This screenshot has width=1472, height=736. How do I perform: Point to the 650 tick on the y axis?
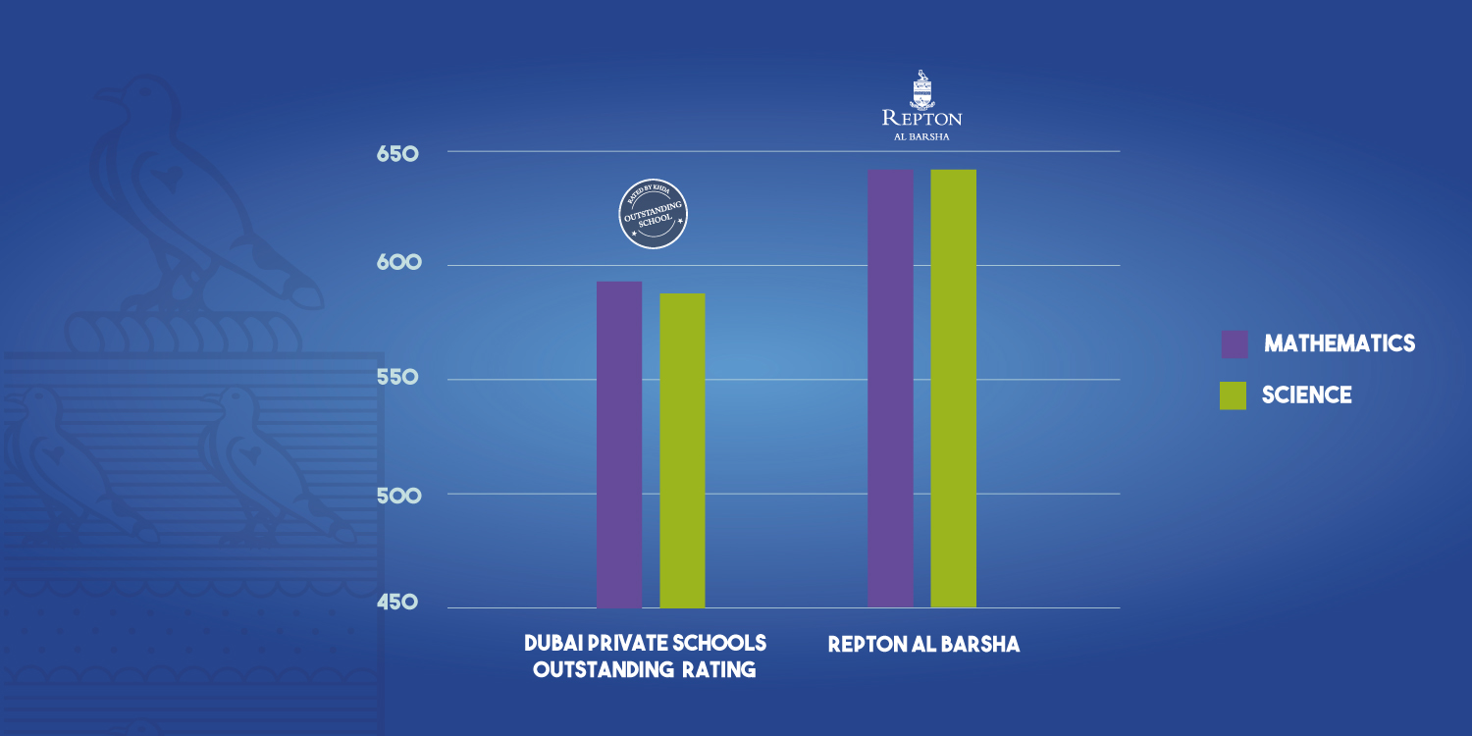pos(397,154)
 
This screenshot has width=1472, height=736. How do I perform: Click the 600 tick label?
pos(397,263)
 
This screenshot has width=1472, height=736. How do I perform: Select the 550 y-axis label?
pos(397,378)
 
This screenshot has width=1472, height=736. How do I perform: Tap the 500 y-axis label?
pos(397,495)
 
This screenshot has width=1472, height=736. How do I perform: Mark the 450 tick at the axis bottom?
pos(397,602)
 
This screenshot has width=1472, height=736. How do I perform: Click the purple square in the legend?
pos(1235,344)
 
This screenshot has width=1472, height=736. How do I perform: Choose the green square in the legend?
pos(1233,395)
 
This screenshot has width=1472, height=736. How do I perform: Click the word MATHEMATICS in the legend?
pos(1340,343)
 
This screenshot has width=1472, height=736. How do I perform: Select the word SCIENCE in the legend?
pos(1306,395)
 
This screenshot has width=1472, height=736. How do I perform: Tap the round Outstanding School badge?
pos(654,215)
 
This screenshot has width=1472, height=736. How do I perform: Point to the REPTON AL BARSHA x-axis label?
pos(923,645)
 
